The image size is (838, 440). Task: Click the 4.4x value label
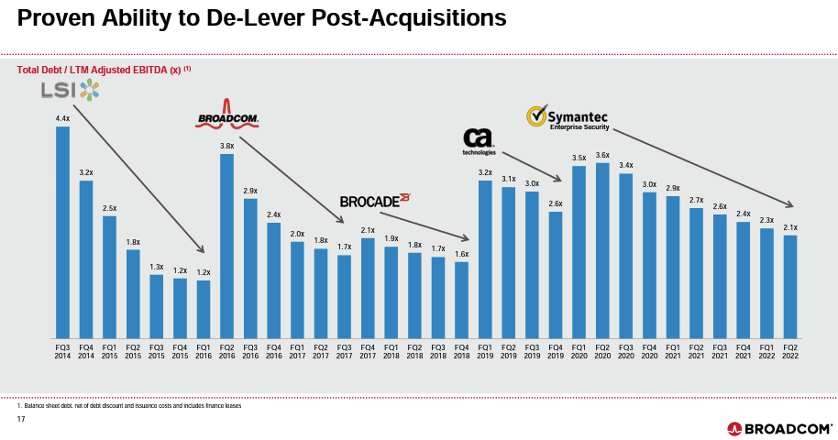[x=62, y=118]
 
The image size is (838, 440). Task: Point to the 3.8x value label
[x=226, y=146]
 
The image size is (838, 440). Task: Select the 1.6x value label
[x=462, y=254]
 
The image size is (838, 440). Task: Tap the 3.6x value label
[x=602, y=155]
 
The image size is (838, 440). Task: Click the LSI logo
[x=70, y=89]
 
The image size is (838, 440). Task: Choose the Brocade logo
[x=374, y=200]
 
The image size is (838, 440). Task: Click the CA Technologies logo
[x=479, y=140]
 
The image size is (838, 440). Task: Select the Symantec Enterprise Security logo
[x=567, y=118]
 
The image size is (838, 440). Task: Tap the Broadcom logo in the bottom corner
[x=779, y=428]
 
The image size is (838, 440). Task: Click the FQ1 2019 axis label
[x=485, y=350]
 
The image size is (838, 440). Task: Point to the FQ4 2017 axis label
[x=368, y=350]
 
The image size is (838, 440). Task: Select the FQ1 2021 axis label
[x=673, y=350]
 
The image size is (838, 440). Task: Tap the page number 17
[x=22, y=420]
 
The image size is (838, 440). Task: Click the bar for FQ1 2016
[x=204, y=308]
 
